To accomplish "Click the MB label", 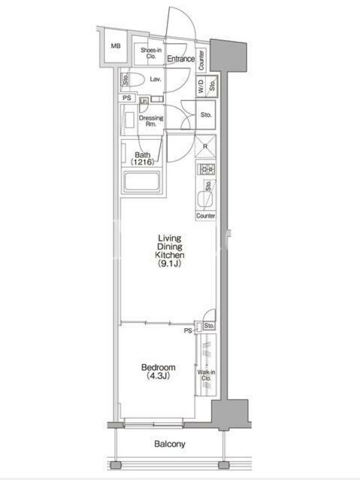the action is click(116, 46).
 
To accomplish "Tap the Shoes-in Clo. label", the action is click(151, 53).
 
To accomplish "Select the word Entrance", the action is click(181, 59).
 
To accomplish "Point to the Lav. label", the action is click(155, 79).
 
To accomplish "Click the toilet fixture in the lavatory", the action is click(136, 80).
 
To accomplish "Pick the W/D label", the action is click(201, 86).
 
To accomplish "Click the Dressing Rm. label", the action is click(151, 121).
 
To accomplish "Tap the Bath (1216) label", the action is click(143, 158).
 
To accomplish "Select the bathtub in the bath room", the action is click(142, 182).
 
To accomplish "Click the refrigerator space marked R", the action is click(205, 146).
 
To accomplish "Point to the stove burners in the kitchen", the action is click(207, 169).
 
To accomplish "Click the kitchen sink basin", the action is click(204, 199).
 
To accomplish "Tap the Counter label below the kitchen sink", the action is click(206, 216).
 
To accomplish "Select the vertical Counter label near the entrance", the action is click(201, 60).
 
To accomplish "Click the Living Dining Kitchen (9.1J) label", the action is click(170, 251).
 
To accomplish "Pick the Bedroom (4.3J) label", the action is click(158, 371).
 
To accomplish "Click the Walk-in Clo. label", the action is click(206, 376).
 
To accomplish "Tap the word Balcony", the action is click(170, 444).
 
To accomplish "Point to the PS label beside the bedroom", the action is click(188, 331).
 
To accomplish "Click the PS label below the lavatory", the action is click(127, 98).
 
